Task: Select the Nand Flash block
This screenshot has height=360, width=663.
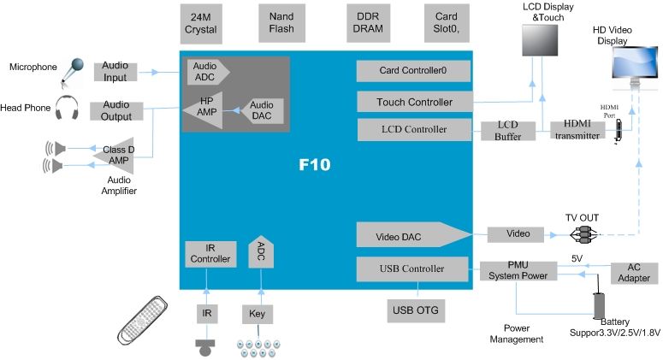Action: coord(281,23)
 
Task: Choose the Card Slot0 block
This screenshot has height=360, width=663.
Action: coord(446,23)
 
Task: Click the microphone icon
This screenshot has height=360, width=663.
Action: coord(74,72)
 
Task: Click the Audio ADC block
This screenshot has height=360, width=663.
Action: coord(205,72)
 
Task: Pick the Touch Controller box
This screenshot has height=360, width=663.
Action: coord(414,103)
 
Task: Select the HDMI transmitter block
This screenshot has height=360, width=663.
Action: coord(576,130)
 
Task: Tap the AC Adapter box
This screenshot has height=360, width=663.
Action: coord(634,273)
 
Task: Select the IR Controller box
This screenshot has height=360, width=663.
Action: coord(210,254)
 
